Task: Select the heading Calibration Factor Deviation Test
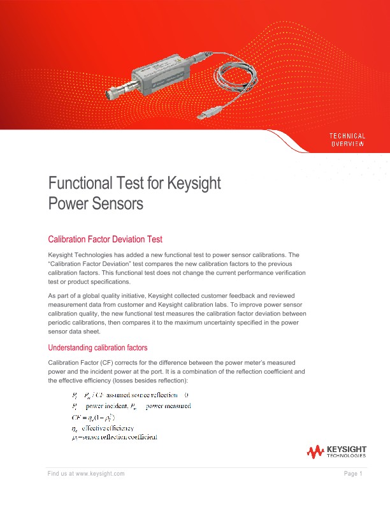(x=105, y=239)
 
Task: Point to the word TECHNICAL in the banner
(x=347, y=136)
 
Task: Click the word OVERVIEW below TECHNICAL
(x=347, y=144)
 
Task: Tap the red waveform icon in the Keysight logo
(x=315, y=453)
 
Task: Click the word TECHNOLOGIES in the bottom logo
(x=346, y=456)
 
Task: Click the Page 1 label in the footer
(x=352, y=473)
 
